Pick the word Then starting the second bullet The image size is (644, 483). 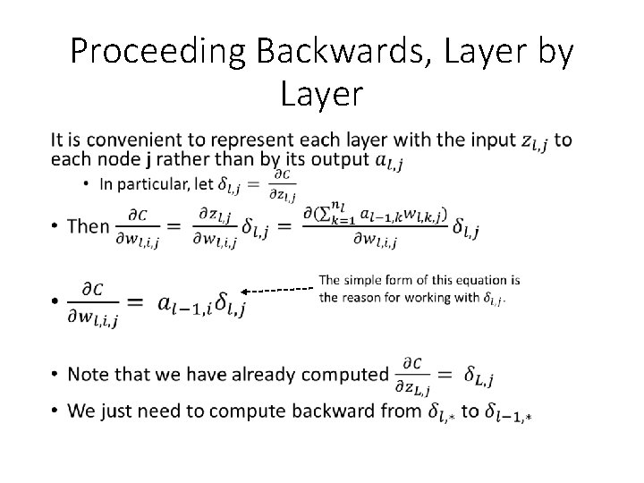[88, 225]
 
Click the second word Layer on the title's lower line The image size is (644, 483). [321, 92]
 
